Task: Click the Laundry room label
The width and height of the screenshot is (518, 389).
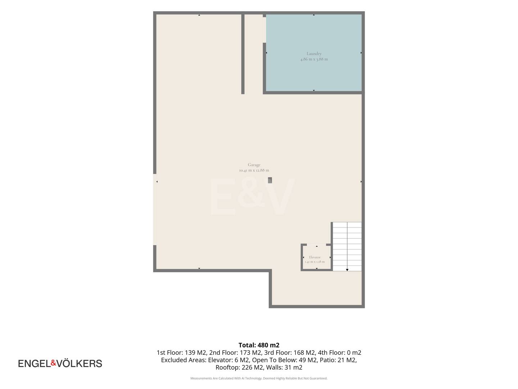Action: coord(314,54)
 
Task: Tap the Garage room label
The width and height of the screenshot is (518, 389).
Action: coord(254,165)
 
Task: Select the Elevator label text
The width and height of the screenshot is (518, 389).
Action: coord(314,257)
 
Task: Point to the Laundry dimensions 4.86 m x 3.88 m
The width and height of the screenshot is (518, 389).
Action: coord(314,59)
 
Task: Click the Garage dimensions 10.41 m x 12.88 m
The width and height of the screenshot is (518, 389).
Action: coord(254,170)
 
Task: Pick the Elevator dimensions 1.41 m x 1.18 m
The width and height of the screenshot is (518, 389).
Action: coord(314,262)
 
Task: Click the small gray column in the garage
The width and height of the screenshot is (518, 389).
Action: coord(270,180)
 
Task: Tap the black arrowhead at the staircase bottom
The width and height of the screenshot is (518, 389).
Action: coord(347,270)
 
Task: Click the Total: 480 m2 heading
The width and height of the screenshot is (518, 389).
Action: coord(259,345)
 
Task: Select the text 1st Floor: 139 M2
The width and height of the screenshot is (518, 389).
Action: coord(181,353)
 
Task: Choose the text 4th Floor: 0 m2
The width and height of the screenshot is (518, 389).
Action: coord(339,353)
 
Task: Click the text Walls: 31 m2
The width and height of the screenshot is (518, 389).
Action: coord(284,367)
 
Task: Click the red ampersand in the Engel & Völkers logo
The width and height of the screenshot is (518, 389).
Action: coord(53,363)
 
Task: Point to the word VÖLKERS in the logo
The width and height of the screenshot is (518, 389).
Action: coord(79,363)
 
